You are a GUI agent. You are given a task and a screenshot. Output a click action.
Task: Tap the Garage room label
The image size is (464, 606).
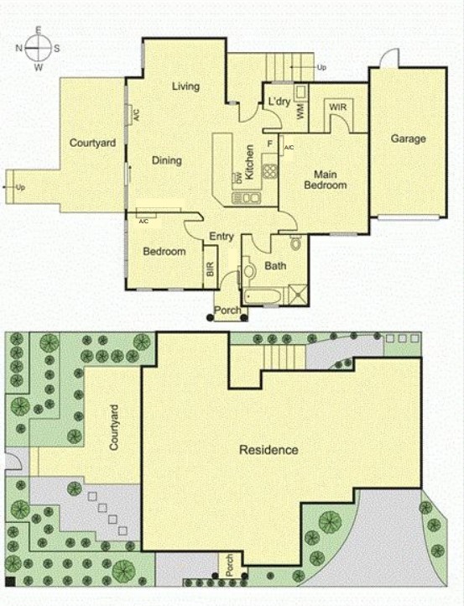[x=408, y=139]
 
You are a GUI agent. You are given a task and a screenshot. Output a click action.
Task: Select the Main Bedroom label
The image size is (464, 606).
[x=325, y=180]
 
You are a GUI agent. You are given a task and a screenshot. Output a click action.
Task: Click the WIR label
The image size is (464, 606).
[x=337, y=108]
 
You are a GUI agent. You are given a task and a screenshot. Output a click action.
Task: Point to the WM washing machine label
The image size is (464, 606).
[x=300, y=108]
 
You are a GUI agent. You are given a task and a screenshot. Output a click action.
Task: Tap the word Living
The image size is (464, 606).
[x=185, y=86]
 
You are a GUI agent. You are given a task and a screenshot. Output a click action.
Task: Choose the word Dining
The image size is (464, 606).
[x=166, y=160]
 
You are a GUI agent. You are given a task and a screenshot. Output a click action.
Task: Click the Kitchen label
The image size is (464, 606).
[x=249, y=158]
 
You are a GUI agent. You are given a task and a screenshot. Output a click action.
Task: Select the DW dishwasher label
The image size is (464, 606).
[x=239, y=177]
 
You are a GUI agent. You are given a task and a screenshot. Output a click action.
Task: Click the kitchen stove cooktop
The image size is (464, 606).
[x=270, y=171]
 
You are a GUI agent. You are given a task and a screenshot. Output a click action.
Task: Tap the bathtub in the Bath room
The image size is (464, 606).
[x=262, y=295]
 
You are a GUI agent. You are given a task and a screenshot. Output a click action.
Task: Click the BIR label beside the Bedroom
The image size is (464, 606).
[x=210, y=271]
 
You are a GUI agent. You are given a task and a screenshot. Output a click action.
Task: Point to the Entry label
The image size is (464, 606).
[x=222, y=236]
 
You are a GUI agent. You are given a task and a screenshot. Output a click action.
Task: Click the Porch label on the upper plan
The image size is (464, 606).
[x=227, y=311]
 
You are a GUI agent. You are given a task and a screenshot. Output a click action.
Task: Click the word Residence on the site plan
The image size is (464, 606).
[x=268, y=450]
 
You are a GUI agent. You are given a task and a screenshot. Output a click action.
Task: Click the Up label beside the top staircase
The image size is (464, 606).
[x=321, y=66]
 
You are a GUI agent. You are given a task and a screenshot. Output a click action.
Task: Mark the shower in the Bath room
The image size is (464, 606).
[x=297, y=294]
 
